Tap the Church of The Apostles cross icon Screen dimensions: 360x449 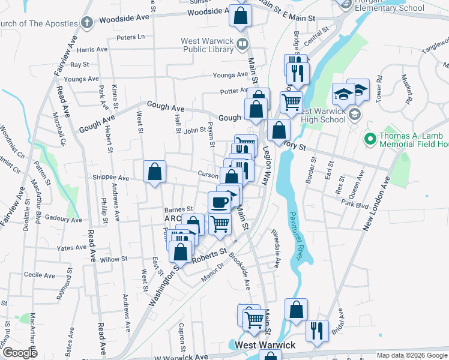[86, 23]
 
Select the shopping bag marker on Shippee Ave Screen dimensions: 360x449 [154, 172]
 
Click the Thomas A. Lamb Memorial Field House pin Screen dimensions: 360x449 [370, 140]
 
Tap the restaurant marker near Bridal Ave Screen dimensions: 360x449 [317, 331]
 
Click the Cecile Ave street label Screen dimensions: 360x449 [39, 275]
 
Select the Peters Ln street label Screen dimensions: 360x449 [131, 37]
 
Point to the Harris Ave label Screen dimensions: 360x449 [91, 50]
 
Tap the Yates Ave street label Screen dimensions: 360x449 [71, 248]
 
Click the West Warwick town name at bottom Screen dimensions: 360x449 [265, 345]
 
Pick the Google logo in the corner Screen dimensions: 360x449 [20, 353]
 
